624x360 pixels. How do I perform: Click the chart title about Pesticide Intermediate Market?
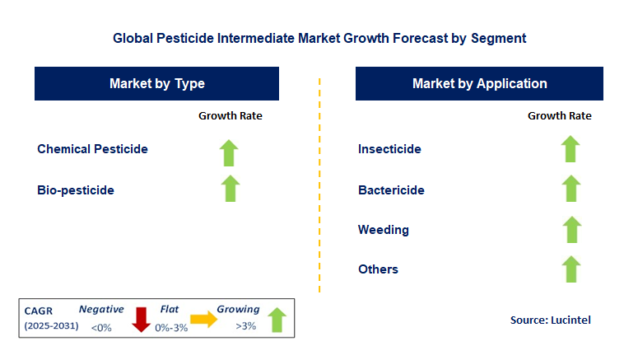(319, 38)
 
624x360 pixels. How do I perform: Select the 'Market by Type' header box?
(156, 84)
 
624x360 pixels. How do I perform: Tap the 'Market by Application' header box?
(479, 84)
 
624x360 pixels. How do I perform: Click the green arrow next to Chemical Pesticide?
(230, 152)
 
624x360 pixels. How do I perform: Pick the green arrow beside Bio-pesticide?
(230, 189)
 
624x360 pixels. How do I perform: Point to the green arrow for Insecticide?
(570, 149)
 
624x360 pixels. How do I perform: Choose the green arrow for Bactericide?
(570, 189)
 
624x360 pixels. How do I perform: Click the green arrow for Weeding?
(570, 229)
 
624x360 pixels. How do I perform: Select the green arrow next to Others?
(570, 269)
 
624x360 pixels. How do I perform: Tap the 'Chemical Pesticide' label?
(92, 149)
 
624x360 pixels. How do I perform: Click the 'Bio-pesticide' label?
(76, 190)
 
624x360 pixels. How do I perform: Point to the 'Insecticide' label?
(389, 149)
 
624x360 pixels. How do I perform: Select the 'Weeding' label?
(383, 229)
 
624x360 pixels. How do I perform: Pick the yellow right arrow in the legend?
(203, 320)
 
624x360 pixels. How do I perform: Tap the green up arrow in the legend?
(277, 320)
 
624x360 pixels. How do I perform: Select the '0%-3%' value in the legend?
(171, 328)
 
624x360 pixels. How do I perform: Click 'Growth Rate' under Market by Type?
(230, 116)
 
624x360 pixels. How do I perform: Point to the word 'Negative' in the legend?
(101, 310)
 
